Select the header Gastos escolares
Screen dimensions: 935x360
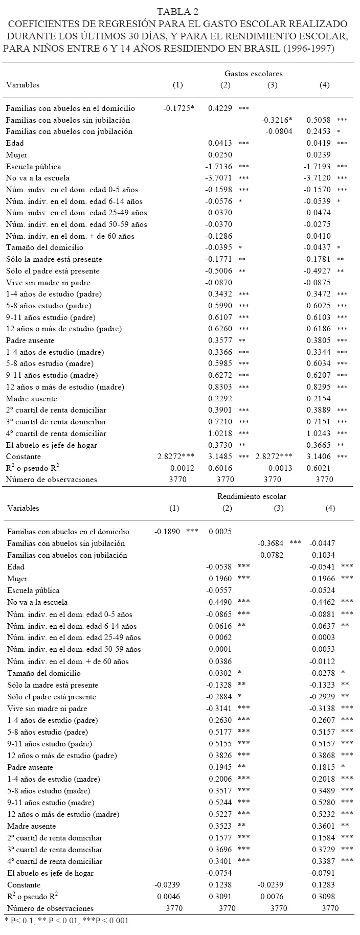pyautogui.click(x=253, y=74)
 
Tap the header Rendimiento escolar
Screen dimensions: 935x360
pyautogui.click(x=252, y=496)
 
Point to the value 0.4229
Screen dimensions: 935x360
pyautogui.click(x=219, y=108)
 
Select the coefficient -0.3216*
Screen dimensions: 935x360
pyautogui.click(x=277, y=120)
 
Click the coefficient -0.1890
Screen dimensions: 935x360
pyautogui.click(x=167, y=532)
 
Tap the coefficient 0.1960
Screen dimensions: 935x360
pyautogui.click(x=221, y=579)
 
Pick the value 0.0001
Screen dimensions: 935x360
pyautogui.click(x=221, y=649)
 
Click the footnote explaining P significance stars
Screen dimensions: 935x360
pyautogui.click(x=67, y=921)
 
